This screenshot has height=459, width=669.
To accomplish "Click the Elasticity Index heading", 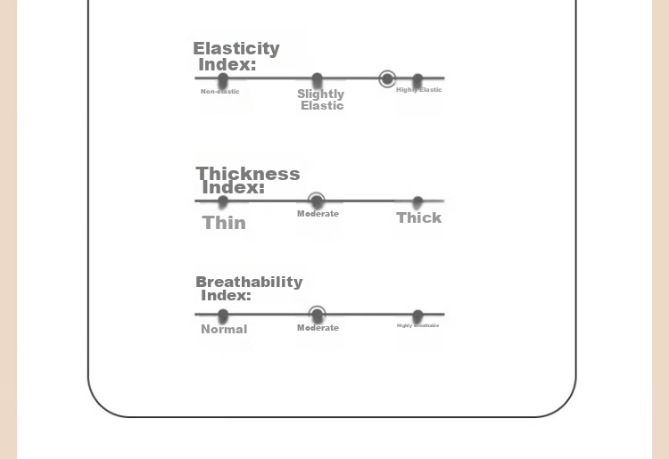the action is (x=235, y=56).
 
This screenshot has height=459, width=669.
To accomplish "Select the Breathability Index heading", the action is (x=248, y=288).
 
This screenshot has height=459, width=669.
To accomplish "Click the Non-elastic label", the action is (x=219, y=92).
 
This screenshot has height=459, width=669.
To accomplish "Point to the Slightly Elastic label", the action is (x=321, y=100).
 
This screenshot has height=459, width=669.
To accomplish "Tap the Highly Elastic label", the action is (x=418, y=90).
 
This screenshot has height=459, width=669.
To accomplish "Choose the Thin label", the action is (x=224, y=223).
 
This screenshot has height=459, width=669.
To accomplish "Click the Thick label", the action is (x=418, y=217).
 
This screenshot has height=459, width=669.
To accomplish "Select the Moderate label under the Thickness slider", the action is (x=318, y=214).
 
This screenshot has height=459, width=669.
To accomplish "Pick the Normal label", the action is (x=224, y=329).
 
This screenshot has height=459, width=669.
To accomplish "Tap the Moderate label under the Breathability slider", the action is (x=318, y=328).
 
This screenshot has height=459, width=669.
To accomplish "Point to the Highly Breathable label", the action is (x=417, y=325).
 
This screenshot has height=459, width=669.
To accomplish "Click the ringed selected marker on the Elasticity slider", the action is (x=387, y=79).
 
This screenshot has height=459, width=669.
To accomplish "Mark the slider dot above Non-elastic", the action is (x=223, y=81).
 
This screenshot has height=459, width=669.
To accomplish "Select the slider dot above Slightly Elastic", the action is (x=317, y=81).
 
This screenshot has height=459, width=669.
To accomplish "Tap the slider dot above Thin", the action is (x=223, y=202).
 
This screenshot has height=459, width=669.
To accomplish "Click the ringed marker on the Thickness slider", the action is (x=317, y=201).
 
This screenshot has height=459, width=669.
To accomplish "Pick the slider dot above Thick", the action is (x=417, y=203).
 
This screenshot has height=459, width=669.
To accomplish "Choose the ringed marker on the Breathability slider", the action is (x=317, y=315).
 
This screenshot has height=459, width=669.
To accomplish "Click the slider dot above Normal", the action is (x=223, y=316).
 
